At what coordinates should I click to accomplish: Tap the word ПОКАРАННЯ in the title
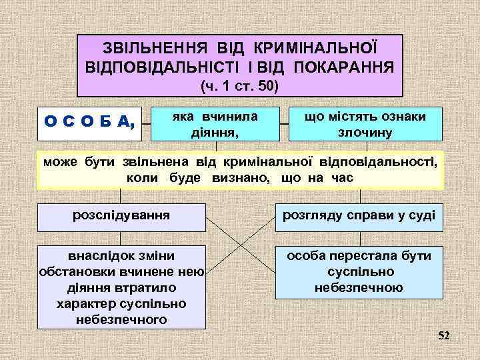(345, 67)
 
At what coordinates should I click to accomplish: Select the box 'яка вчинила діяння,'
(215, 123)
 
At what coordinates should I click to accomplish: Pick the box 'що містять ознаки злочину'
(365, 123)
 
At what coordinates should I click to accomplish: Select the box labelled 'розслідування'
(121, 216)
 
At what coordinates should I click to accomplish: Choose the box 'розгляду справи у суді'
(359, 216)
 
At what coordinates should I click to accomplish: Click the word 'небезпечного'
(121, 319)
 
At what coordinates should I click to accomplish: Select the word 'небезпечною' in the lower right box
(359, 288)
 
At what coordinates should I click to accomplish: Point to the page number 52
(444, 335)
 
